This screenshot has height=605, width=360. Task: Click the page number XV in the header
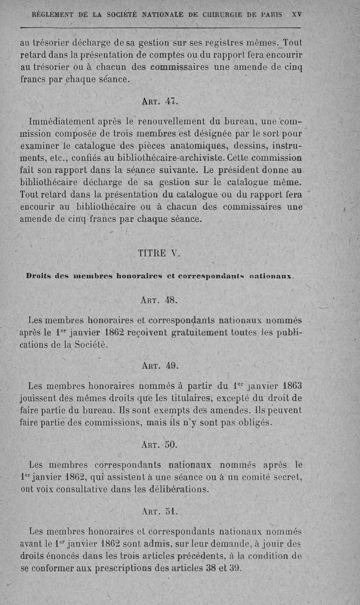coord(297,14)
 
